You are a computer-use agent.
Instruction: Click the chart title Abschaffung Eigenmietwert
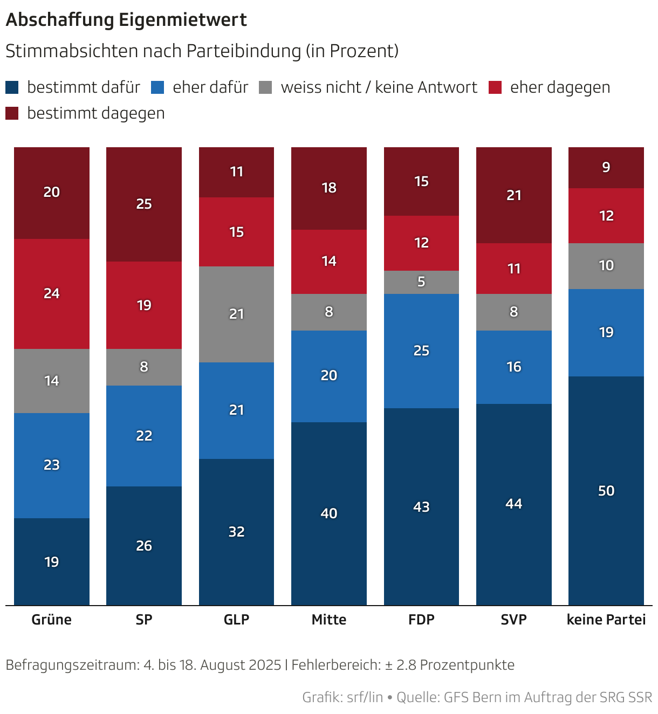[126, 20]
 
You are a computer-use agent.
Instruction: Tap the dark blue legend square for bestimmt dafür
[12, 87]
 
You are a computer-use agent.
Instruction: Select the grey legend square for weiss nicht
[265, 87]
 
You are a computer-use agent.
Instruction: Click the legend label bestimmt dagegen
[95, 113]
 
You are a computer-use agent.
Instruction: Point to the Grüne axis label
[52, 620]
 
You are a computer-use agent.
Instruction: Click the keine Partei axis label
[606, 620]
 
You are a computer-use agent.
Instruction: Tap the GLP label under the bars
[236, 620]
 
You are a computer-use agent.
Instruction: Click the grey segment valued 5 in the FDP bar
[421, 282]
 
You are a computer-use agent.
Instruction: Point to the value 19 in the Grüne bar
[52, 562]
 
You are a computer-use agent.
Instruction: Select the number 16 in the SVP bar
[514, 367]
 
